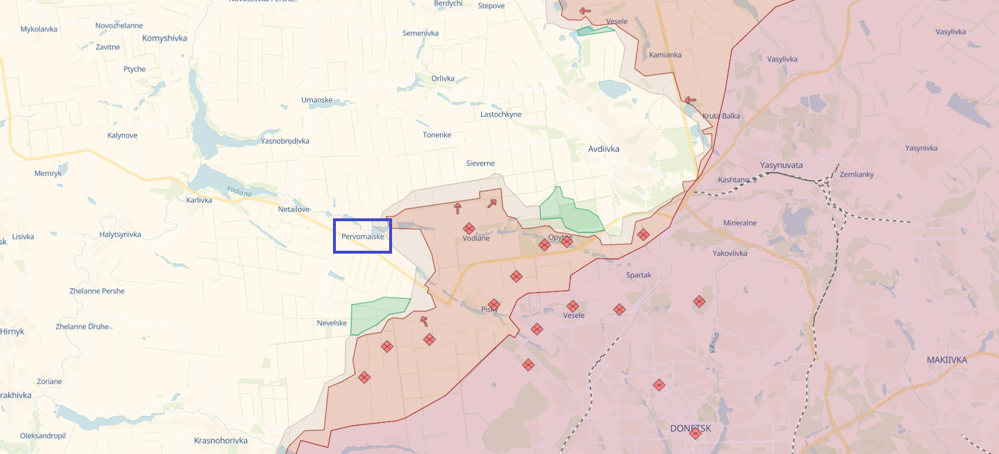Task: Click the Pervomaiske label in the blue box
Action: pos(363,236)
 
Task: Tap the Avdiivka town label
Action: pos(603,149)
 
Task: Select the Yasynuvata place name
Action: pos(781,165)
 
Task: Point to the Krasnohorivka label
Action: pos(221,440)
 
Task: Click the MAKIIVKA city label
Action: pos(946,360)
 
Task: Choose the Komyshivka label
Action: pos(164,38)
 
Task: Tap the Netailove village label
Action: pos(294,209)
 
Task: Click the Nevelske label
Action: pos(332,323)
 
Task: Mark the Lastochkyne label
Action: pos(501,114)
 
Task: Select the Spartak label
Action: pos(638,275)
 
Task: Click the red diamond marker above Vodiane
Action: pos(469,228)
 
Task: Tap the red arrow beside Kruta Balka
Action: pos(690,100)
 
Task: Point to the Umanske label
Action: pos(317,100)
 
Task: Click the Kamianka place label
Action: pos(665,55)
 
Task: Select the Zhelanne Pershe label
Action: pos(97,291)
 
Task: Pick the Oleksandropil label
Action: pos(43,435)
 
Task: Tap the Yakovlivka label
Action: pos(730,253)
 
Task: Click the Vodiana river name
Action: pos(239,191)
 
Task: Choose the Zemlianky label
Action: pos(857,174)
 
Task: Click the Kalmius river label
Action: pos(714,342)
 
